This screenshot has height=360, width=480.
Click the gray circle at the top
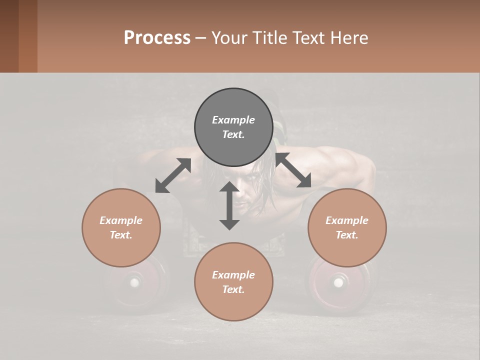click(x=233, y=127)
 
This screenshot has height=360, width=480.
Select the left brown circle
click(x=121, y=227)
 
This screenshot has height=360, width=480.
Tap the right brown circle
click(x=347, y=227)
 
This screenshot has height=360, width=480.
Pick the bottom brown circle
click(x=233, y=282)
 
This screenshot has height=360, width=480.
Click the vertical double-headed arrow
click(x=229, y=205)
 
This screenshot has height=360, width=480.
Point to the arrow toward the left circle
click(x=173, y=175)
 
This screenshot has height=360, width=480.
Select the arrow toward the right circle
click(x=293, y=170)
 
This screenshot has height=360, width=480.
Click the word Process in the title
click(x=157, y=37)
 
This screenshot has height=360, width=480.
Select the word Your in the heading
click(x=228, y=37)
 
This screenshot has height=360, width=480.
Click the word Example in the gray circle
click(x=233, y=120)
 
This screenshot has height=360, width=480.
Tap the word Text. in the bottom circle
click(x=233, y=289)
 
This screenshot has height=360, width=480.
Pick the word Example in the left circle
click(x=121, y=220)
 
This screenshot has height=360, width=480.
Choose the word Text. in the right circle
click(x=347, y=235)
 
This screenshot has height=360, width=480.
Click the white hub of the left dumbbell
click(x=134, y=282)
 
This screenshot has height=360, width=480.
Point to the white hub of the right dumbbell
click(x=338, y=283)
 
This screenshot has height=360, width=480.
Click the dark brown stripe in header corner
click(x=9, y=36)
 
